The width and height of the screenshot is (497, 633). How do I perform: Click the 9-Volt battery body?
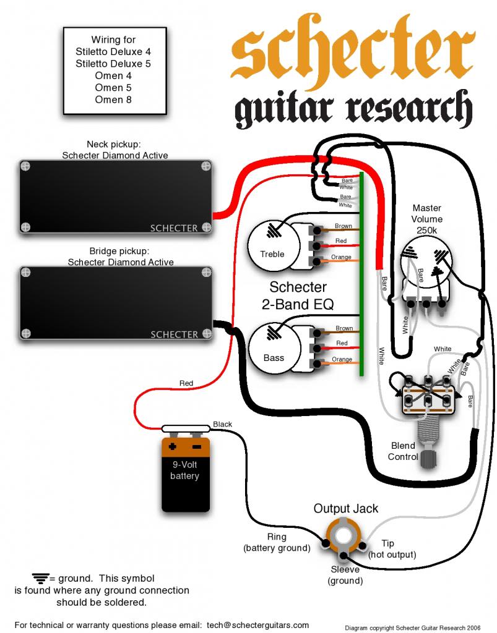(186, 475)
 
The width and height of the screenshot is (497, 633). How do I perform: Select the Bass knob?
(274, 349)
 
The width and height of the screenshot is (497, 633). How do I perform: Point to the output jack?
(343, 537)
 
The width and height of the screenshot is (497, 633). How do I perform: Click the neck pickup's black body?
(116, 197)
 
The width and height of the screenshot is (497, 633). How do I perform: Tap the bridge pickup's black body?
(116, 303)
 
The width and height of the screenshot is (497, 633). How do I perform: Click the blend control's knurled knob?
(428, 458)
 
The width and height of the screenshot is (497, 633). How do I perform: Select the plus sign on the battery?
(173, 447)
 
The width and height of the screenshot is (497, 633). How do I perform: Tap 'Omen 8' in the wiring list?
(113, 100)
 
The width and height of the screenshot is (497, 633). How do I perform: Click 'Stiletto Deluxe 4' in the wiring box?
(113, 52)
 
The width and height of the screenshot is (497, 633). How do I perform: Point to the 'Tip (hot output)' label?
(391, 549)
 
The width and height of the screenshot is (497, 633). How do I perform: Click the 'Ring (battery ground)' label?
(277, 542)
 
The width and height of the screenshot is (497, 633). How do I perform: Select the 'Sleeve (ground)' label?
(345, 575)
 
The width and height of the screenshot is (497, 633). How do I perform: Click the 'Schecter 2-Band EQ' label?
(298, 295)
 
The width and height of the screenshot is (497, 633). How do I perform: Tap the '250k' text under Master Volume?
(426, 231)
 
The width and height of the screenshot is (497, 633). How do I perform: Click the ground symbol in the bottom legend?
(41, 579)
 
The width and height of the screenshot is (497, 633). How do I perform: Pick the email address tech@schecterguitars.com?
(257, 625)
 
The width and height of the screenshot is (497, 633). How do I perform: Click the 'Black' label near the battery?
(222, 424)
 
